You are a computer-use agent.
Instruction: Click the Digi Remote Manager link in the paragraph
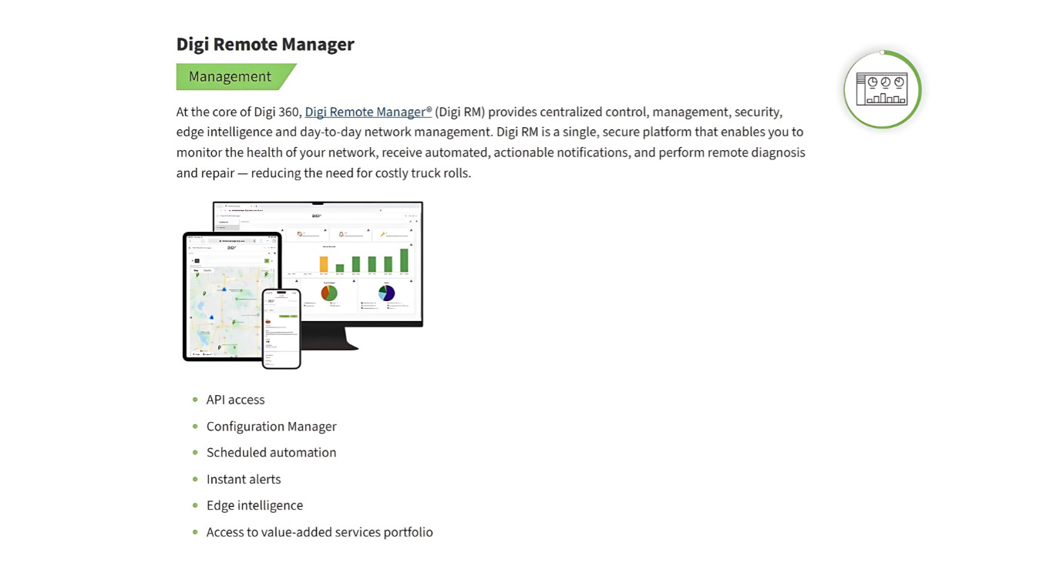click(x=368, y=112)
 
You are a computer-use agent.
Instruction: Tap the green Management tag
click(x=230, y=77)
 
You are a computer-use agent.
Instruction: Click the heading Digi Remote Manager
click(x=265, y=44)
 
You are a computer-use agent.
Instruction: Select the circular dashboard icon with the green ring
click(x=882, y=89)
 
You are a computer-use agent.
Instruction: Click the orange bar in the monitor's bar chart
click(x=324, y=264)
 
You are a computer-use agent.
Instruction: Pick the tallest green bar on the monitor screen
click(x=404, y=260)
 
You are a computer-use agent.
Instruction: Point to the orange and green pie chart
click(x=329, y=293)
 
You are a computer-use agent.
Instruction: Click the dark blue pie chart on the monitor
click(x=387, y=293)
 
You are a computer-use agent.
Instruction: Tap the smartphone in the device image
click(x=281, y=329)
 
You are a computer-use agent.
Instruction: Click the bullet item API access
click(x=235, y=400)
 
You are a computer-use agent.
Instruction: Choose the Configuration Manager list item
click(x=271, y=427)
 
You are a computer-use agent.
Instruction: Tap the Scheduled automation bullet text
click(x=271, y=453)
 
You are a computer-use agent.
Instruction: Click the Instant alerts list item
click(x=244, y=479)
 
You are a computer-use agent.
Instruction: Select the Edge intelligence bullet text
click(x=254, y=506)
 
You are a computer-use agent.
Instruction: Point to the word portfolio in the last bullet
click(x=408, y=532)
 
